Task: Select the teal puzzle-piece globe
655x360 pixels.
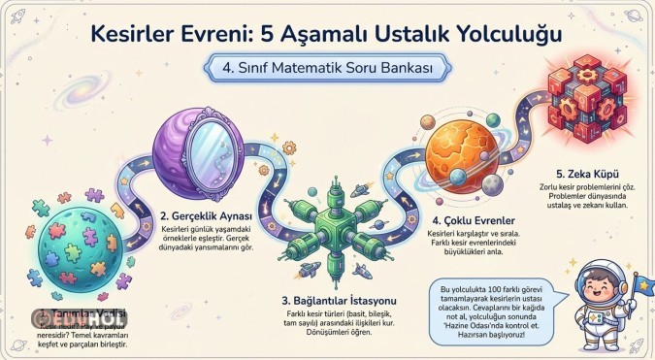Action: tap(81, 252)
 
